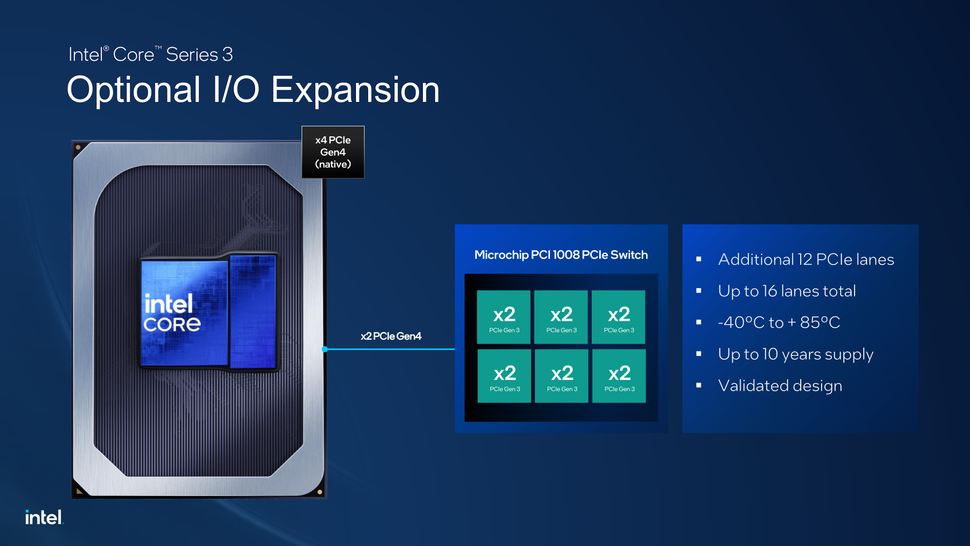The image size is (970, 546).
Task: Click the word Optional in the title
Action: point(134,90)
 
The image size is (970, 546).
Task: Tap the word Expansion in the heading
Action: point(356,90)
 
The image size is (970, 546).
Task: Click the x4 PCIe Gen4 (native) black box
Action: point(333,152)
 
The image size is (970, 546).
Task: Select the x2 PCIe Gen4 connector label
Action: point(391,336)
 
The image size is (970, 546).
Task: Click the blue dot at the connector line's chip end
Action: point(325,349)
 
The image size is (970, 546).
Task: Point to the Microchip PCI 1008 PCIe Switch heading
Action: point(561,255)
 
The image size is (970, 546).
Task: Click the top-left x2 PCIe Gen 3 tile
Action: point(504,317)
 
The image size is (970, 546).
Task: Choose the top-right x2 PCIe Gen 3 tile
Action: point(619,317)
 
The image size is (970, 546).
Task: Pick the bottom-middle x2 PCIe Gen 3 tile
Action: point(562,376)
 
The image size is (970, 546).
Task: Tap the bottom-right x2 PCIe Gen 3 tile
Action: point(619,376)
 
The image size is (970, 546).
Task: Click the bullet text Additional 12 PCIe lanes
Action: point(806,260)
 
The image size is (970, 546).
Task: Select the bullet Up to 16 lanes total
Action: point(787,291)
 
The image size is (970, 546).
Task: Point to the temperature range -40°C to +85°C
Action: point(779,322)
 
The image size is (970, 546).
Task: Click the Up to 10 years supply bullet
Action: point(796,354)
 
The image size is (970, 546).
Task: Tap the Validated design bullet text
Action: point(780,386)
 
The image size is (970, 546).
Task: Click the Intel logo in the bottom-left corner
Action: point(44,517)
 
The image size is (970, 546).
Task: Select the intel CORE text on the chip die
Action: point(172,314)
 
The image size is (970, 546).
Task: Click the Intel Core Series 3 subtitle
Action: point(150,54)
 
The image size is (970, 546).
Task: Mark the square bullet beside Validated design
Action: point(699,385)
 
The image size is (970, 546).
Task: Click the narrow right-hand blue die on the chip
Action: point(253,312)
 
